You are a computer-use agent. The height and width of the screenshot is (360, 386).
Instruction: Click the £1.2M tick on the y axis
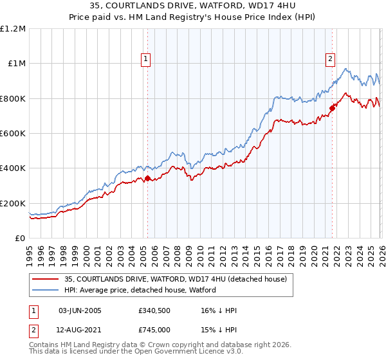pyautogui.click(x=13, y=29)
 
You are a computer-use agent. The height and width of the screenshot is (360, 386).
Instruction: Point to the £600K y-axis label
pyautogui.click(x=13, y=134)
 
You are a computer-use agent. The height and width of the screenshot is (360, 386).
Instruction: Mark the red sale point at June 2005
pyautogui.click(x=147, y=179)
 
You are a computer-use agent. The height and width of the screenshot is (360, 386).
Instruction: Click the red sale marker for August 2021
pyautogui.click(x=332, y=108)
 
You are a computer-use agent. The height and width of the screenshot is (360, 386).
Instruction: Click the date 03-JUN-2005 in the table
pyautogui.click(x=80, y=310)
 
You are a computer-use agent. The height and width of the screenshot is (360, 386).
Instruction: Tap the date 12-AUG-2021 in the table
pyautogui.click(x=80, y=330)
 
